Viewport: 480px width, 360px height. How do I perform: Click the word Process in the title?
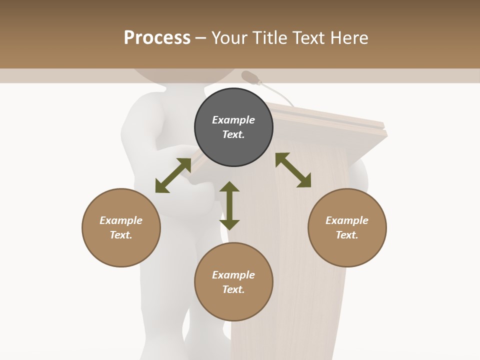[x=157, y=38]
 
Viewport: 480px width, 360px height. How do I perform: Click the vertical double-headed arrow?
[x=229, y=205]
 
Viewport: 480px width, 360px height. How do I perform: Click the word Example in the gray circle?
[x=233, y=120]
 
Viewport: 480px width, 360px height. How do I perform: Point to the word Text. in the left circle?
[x=121, y=235]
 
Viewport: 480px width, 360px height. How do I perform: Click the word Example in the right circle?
[x=347, y=220]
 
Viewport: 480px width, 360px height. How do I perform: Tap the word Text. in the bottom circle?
[x=233, y=289]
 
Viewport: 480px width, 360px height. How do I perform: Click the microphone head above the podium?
[x=250, y=77]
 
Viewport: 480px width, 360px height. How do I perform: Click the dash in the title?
[x=201, y=38]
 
